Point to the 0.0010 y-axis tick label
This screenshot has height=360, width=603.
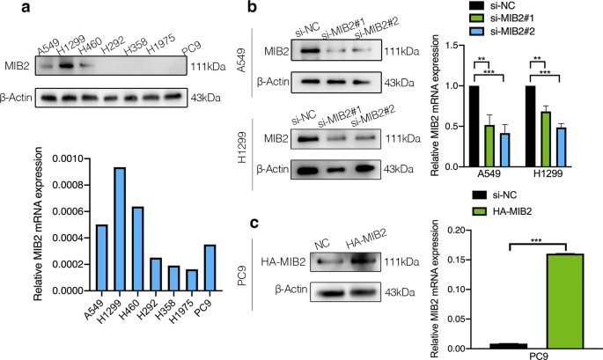pos(58,157)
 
